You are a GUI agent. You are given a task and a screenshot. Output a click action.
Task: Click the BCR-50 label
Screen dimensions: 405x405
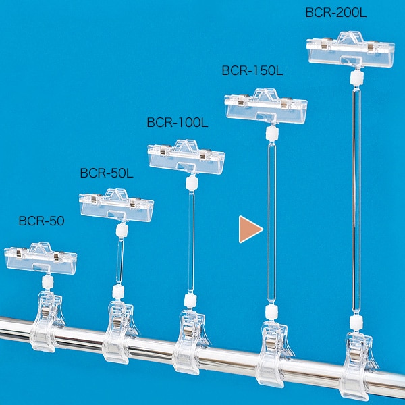point(42,221)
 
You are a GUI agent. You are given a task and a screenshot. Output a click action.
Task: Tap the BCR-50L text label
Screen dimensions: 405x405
point(107,173)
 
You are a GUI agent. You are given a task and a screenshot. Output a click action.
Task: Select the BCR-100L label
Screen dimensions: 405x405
point(178,122)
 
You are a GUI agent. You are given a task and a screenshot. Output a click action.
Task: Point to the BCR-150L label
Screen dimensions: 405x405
point(252,70)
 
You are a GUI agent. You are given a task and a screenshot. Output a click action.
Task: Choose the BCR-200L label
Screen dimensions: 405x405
point(335,12)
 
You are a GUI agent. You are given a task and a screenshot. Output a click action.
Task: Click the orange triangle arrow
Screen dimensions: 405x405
point(250,230)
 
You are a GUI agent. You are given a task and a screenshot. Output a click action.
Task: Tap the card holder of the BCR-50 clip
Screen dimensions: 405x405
point(40,259)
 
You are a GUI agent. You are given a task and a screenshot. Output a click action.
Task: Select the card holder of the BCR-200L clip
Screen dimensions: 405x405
point(350,49)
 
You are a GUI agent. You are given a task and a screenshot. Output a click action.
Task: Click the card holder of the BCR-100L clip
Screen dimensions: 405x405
point(186,157)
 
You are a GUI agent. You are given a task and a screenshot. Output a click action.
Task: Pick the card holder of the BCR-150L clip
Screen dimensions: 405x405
point(266,106)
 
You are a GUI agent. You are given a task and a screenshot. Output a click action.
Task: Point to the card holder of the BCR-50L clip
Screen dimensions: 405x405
point(117,205)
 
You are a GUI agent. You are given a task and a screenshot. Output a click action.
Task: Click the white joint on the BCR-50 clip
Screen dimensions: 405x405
point(48,281)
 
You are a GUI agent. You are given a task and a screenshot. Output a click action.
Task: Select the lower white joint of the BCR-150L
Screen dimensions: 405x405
point(272,312)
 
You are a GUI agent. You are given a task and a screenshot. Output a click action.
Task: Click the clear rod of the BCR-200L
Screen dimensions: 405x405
point(356,200)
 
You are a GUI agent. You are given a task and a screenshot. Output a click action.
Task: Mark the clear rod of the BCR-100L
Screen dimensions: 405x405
point(191,242)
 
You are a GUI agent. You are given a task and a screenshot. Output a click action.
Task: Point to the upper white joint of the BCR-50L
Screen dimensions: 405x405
point(122,231)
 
